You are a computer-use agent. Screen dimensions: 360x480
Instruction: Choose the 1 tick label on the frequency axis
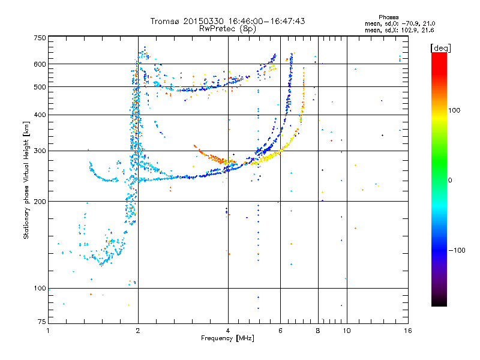pyautogui.click(x=49, y=331)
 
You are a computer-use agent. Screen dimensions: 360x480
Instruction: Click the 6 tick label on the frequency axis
pyautogui.click(x=280, y=331)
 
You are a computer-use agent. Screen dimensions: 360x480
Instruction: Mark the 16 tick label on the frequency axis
pyautogui.click(x=407, y=331)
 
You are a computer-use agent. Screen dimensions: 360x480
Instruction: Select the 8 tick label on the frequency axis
pyautogui.click(x=318, y=331)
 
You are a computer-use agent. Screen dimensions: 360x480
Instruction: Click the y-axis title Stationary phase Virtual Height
pyautogui.click(x=26, y=180)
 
